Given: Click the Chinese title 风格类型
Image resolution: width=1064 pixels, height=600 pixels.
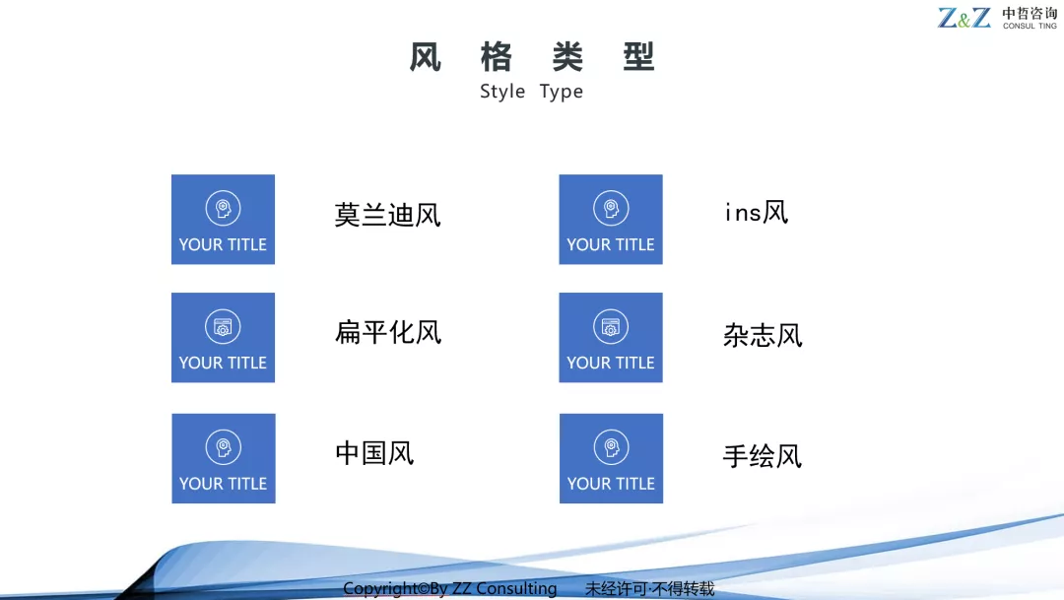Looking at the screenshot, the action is (531, 56).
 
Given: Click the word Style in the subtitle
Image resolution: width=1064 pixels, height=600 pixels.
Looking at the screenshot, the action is (502, 92).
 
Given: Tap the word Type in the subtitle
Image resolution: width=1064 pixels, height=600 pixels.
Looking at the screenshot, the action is (562, 92).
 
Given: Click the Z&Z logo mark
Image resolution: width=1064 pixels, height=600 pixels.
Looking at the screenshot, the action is (964, 18).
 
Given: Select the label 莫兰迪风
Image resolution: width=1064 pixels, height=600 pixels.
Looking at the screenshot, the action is (387, 215).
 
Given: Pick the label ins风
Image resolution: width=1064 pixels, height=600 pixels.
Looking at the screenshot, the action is (757, 213).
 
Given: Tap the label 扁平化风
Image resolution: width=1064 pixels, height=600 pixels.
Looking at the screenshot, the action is (388, 333).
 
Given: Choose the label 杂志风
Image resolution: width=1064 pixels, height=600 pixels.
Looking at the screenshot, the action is (763, 335).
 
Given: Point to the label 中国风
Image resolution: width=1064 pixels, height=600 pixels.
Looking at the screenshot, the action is (374, 453).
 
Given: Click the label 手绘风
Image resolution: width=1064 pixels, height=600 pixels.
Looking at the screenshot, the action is (763, 456).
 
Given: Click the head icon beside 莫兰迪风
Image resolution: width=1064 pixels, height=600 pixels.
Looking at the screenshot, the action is (224, 208).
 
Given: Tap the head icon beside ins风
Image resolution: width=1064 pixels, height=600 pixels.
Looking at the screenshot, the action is (611, 208).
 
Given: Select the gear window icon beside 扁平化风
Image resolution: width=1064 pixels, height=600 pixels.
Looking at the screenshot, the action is (224, 326).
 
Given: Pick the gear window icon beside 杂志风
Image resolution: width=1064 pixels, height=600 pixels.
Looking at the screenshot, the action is (611, 326).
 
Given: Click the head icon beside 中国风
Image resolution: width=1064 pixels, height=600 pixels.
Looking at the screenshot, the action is (224, 447).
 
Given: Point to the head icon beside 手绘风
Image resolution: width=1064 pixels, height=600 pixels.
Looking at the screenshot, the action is (612, 447).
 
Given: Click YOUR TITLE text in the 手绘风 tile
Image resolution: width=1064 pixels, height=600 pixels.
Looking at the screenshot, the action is (612, 484).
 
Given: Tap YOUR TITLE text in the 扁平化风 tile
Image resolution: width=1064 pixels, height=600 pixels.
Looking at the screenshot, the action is (224, 364).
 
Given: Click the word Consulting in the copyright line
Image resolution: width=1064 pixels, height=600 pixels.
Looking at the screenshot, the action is (516, 588).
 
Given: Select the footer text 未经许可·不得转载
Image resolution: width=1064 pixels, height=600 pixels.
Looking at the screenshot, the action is (650, 588).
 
